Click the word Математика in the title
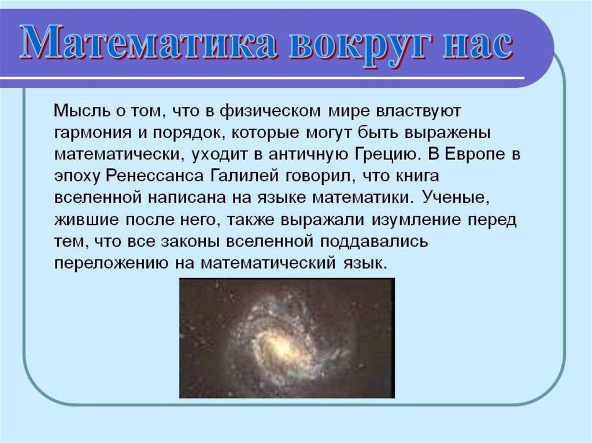pyautogui.click(x=149, y=42)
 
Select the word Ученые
pyautogui.click(x=455, y=198)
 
